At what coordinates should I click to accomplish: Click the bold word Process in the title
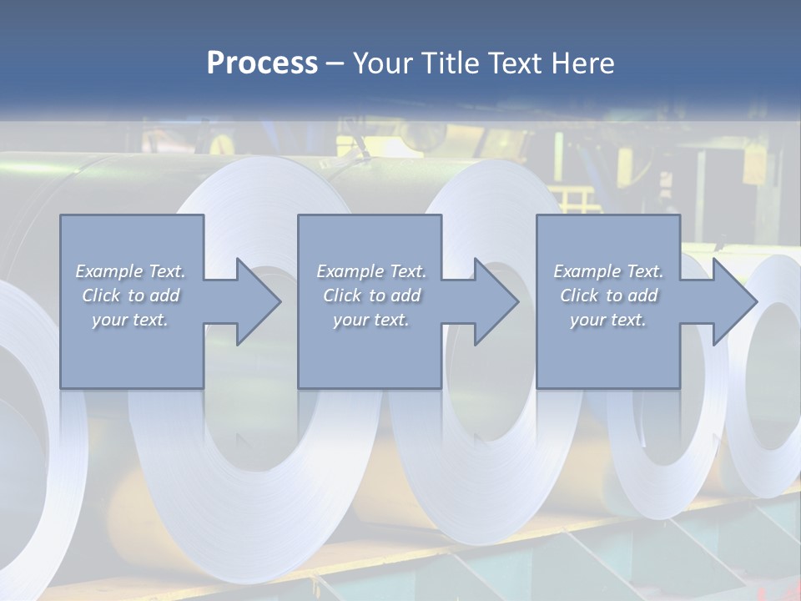pyautogui.click(x=262, y=63)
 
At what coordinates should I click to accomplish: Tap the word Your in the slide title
pyautogui.click(x=379, y=63)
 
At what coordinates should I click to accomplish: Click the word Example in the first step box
pyautogui.click(x=108, y=271)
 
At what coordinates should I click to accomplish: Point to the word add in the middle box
pyautogui.click(x=405, y=295)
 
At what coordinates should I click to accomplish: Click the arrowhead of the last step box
pyautogui.click(x=733, y=301)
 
